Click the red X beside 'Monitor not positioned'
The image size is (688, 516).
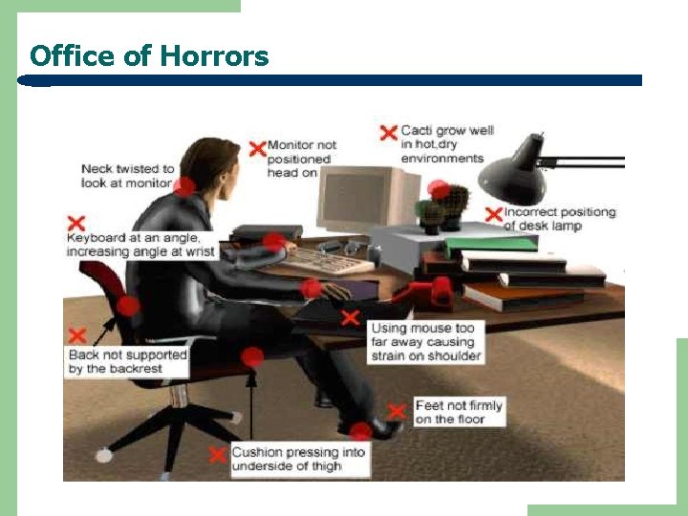(x=257, y=148)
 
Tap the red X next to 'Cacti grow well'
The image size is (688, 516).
(x=388, y=133)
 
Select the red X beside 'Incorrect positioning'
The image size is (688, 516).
(x=493, y=214)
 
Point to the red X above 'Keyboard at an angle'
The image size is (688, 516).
(x=75, y=224)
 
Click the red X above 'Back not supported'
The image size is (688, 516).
(x=77, y=335)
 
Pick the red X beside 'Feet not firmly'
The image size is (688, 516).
(x=397, y=411)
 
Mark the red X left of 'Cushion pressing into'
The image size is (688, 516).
(x=218, y=455)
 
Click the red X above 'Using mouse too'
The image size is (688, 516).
(x=352, y=317)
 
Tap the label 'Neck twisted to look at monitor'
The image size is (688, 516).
(x=127, y=176)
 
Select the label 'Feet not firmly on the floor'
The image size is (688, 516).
(x=458, y=413)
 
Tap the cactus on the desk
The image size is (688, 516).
(x=446, y=204)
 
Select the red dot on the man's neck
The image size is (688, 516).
(x=184, y=186)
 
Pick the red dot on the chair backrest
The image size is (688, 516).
(x=128, y=307)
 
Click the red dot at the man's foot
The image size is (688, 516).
(x=360, y=431)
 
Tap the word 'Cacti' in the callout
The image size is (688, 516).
(x=417, y=131)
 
